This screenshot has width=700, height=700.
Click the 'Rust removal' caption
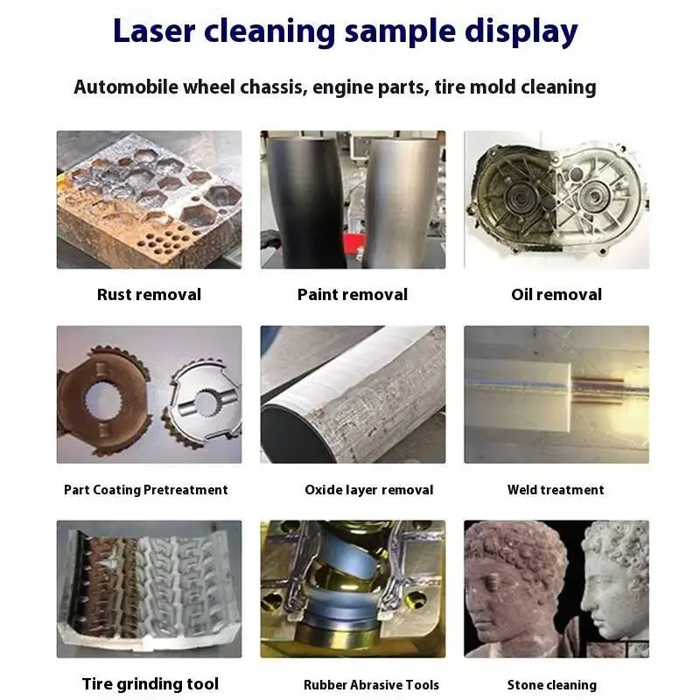pos(149,295)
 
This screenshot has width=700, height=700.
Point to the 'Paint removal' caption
pos(353,295)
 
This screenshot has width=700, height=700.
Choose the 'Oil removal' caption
pos(556,295)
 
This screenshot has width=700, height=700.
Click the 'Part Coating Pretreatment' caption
pos(146,490)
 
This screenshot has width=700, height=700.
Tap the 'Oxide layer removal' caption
pos(368,490)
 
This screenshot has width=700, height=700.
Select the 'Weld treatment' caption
pos(556,490)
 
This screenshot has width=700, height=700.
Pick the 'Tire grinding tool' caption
pos(150,683)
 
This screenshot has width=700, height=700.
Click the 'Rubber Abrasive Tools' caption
pos(371,684)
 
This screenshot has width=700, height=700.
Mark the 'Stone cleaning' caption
pos(552,684)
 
